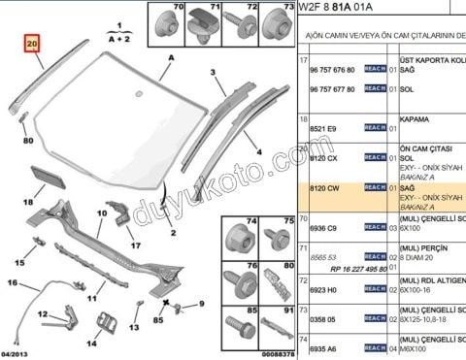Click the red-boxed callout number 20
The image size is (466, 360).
[x=32, y=45]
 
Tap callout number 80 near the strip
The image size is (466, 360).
[x=27, y=139]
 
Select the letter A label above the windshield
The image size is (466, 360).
[x=171, y=59]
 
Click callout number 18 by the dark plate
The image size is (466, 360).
[x=28, y=202]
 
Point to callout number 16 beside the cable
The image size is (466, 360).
[x=13, y=256]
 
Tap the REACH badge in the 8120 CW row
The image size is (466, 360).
[x=375, y=187]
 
